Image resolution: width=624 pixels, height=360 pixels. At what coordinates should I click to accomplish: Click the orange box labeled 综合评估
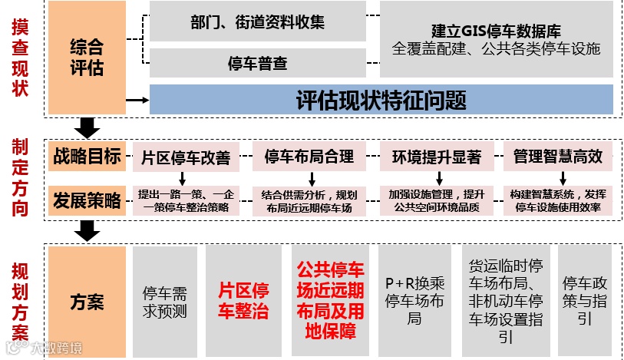87,58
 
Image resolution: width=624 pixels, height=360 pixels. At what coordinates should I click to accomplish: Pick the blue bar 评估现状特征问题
381,99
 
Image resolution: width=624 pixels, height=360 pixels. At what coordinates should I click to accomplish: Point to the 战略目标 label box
87,157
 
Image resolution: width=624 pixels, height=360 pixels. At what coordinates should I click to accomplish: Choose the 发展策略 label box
87,201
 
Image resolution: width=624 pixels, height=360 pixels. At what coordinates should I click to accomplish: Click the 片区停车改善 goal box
186,157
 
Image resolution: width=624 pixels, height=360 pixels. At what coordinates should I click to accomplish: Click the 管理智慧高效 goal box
557,157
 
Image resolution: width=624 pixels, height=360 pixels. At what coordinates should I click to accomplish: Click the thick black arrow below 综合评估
87,127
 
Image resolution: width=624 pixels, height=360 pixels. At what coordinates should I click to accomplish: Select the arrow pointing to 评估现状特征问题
137,99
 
